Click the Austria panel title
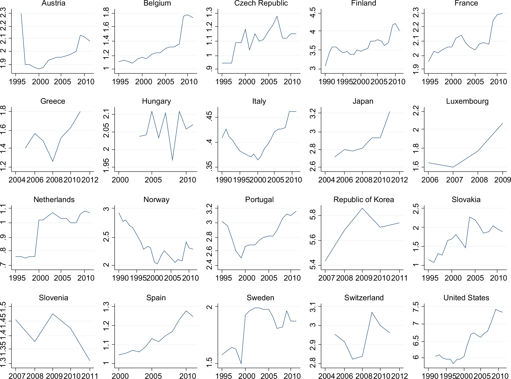pyautogui.click(x=53, y=3)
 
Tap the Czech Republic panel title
pyautogui.click(x=261, y=3)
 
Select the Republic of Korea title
pyautogui.click(x=363, y=200)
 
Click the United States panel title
pyautogui.click(x=466, y=298)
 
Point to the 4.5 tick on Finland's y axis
pyautogui.click(x=313, y=13)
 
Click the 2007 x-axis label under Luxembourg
pyautogui.click(x=454, y=180)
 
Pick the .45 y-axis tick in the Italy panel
pyautogui.click(x=209, y=117)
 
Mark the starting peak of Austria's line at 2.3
pyautogui.click(x=21, y=13)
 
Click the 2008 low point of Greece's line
pyautogui.click(x=53, y=161)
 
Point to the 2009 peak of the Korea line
pyautogui.click(x=362, y=208)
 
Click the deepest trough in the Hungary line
pyautogui.click(x=173, y=160)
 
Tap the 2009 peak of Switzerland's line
pyautogui.click(x=372, y=312)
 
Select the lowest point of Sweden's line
pyautogui.click(x=241, y=364)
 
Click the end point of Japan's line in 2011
pyautogui.click(x=390, y=112)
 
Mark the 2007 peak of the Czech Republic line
pyautogui.click(x=277, y=16)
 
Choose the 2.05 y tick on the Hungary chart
pyautogui.click(x=106, y=132)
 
